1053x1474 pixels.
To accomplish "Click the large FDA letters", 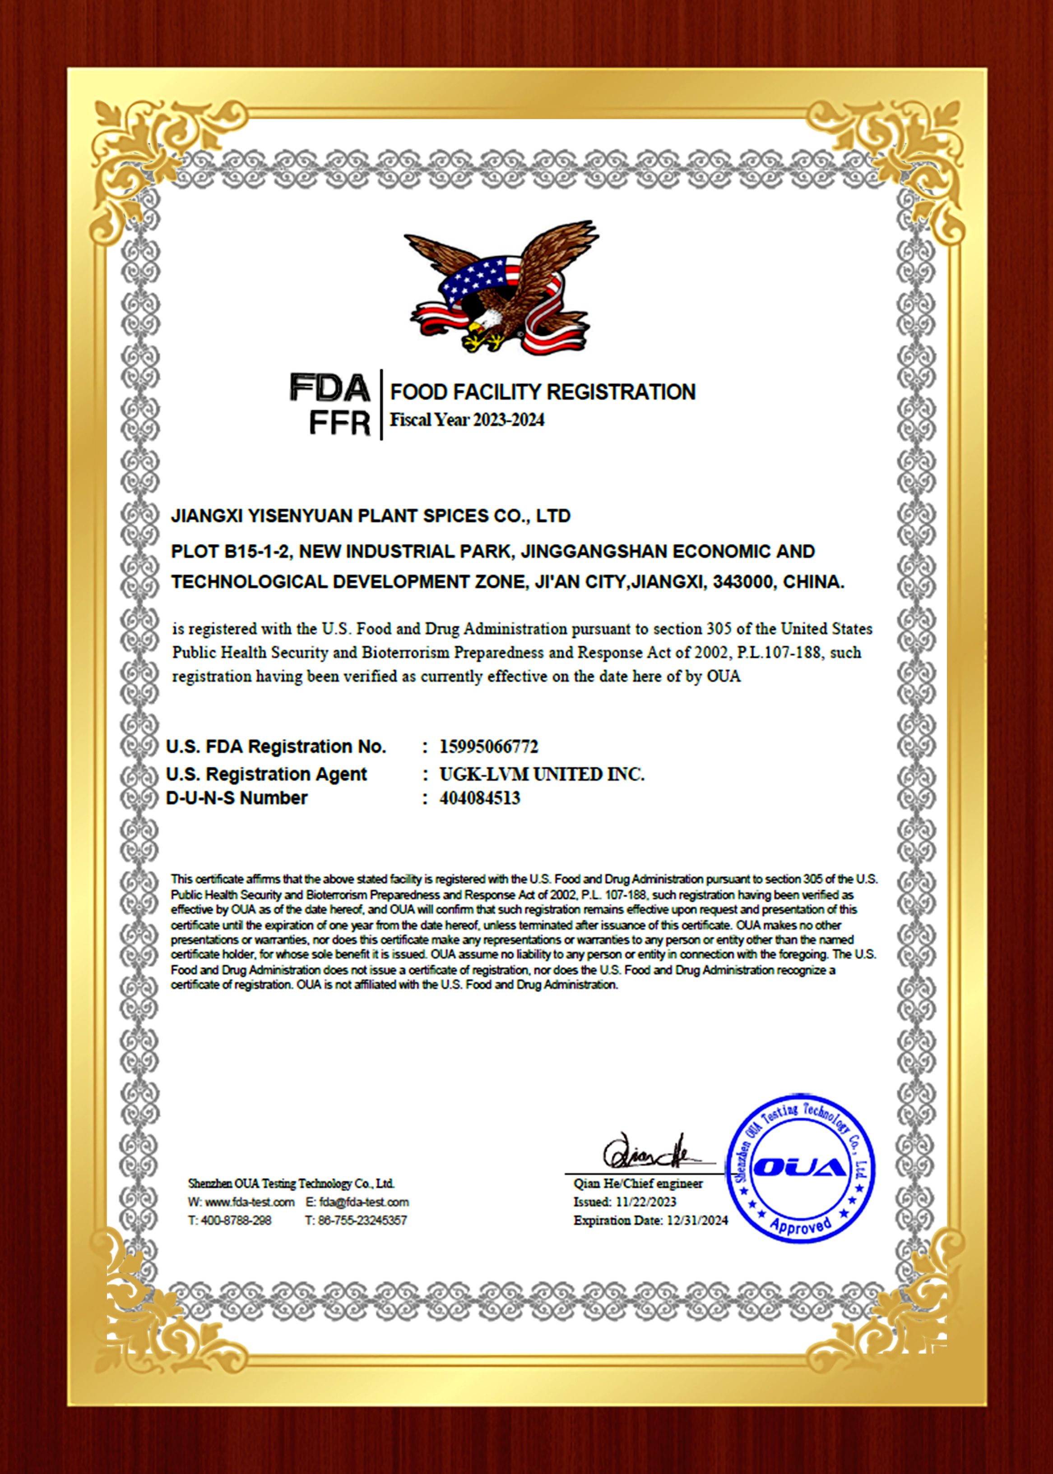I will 330,388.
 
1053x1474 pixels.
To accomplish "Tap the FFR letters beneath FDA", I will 339,423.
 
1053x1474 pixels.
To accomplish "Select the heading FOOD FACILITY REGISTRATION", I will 542,392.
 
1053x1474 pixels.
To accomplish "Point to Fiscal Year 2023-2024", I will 467,420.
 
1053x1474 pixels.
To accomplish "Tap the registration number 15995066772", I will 489,746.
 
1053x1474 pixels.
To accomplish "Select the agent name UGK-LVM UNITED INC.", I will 542,774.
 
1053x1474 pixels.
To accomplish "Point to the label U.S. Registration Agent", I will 266,774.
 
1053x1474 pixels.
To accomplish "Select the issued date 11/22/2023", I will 646,1202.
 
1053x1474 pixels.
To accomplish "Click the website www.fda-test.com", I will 250,1202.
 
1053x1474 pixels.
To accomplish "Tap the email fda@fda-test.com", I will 364,1202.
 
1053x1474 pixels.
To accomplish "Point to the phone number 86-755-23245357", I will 362,1221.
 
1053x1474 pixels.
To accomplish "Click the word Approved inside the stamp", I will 801,1225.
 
